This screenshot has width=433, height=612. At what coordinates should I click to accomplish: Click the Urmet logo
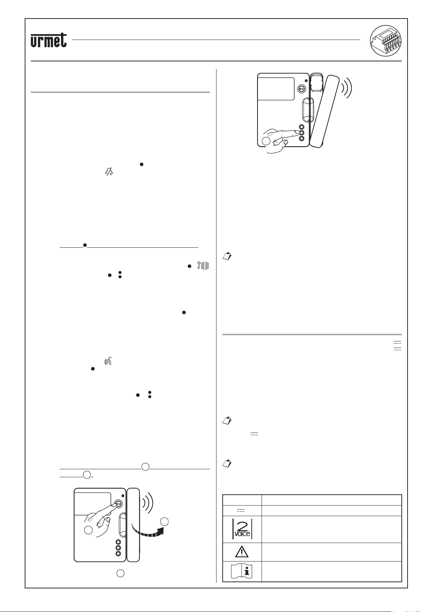[x=49, y=40]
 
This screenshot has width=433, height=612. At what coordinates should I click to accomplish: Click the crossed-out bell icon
[x=109, y=171]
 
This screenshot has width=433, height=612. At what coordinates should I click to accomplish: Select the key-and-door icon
[x=203, y=266]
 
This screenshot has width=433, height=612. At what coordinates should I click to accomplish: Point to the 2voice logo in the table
[x=242, y=529]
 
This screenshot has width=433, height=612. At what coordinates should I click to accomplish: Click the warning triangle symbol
[x=242, y=552]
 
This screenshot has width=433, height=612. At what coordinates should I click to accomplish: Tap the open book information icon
[x=242, y=571]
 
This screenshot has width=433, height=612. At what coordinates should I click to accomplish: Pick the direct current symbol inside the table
[x=240, y=510]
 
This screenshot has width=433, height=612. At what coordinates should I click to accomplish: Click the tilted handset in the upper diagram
[x=324, y=111]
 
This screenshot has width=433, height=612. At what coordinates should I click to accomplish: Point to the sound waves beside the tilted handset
[x=347, y=88]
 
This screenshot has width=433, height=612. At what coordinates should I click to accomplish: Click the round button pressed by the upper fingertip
[x=302, y=133]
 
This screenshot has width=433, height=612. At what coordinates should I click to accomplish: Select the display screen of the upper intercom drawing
[x=276, y=89]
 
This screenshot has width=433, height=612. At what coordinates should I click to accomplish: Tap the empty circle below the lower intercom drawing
[x=121, y=573]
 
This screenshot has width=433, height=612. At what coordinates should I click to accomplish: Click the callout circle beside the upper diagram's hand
[x=266, y=141]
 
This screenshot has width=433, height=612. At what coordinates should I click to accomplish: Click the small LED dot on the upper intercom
[x=306, y=81]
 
